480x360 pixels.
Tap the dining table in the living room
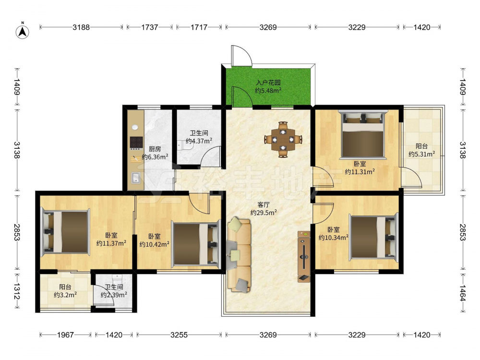point(283,140)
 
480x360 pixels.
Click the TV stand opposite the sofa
point(304,256)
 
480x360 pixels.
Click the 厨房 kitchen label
point(155,149)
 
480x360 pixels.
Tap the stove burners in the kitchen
point(136,143)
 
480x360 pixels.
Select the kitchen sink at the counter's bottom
point(136,178)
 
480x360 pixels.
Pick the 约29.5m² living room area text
point(264,213)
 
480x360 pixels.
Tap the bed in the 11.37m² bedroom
point(65,232)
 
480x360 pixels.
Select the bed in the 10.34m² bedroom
point(374,237)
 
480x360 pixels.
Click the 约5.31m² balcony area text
point(422,154)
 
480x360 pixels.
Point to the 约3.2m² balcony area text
point(65,295)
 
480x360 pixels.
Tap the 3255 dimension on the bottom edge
point(179,335)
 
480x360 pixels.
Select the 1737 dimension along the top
point(150,27)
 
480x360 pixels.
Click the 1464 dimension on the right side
point(463,293)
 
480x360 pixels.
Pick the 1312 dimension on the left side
point(17,291)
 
